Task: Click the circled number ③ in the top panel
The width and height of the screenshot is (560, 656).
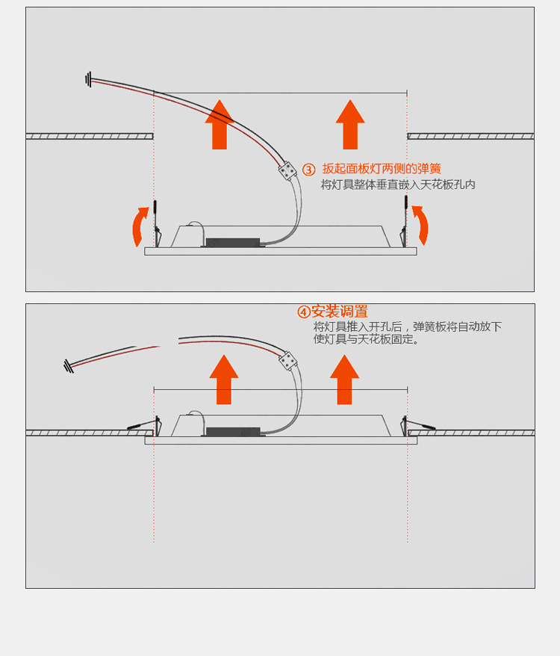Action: [x=309, y=170]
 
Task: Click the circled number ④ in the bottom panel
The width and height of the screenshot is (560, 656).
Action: [x=304, y=312]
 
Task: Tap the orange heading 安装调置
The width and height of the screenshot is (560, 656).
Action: [x=339, y=312]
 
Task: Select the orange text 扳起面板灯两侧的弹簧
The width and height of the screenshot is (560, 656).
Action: [x=382, y=170]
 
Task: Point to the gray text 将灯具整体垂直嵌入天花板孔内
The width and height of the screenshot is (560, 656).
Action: [x=398, y=185]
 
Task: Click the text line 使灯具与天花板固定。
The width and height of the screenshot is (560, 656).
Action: [x=367, y=339]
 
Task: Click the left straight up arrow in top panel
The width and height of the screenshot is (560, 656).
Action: [x=220, y=125]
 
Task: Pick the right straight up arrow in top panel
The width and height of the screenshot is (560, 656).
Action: [x=350, y=125]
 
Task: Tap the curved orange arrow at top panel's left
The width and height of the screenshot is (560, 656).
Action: [x=139, y=226]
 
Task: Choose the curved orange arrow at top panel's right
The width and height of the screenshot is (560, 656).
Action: [x=422, y=226]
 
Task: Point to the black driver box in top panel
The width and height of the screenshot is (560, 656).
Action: [x=232, y=243]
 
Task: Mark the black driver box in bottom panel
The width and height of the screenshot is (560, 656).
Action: [x=232, y=432]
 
